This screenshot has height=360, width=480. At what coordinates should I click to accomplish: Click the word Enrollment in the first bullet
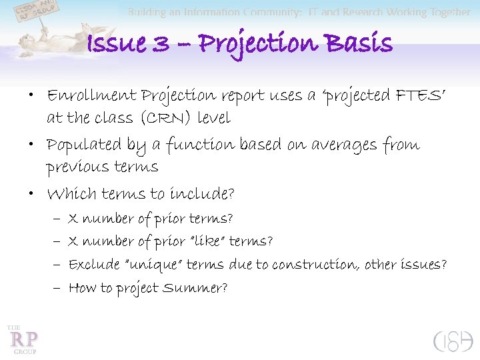point(89,95)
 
